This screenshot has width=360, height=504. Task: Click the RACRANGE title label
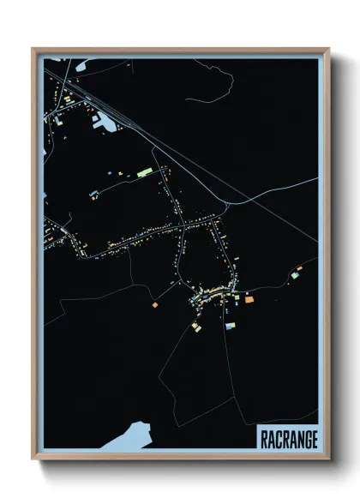(288, 439)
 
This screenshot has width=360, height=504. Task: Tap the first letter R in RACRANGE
(265, 439)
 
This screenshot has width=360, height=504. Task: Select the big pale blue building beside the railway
(105, 123)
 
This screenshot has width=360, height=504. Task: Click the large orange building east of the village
(249, 299)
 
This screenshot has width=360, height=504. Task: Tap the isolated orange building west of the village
(154, 303)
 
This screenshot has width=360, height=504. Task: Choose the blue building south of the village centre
(230, 326)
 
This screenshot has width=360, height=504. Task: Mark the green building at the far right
(294, 276)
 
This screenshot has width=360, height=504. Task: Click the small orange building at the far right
(299, 268)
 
